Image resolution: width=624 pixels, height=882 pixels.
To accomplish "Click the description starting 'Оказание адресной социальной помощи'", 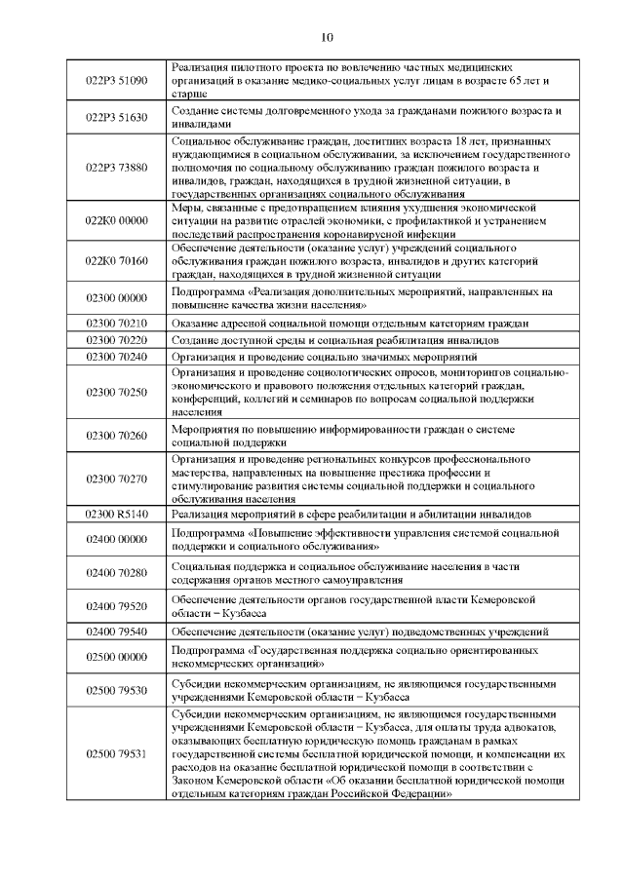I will coord(350,323).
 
